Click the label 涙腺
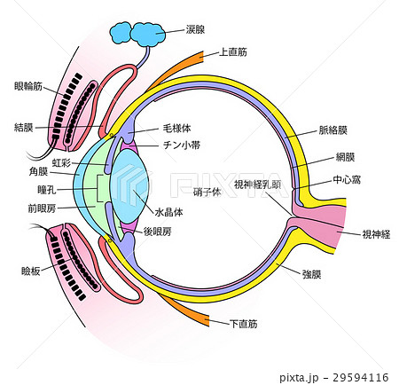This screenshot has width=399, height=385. click(x=195, y=29)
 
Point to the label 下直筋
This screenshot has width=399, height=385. click(x=243, y=325)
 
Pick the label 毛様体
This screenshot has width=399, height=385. click(x=177, y=130)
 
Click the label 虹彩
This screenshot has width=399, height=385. click(x=61, y=162)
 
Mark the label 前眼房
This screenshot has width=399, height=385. click(x=43, y=209)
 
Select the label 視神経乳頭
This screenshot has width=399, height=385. click(x=257, y=185)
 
